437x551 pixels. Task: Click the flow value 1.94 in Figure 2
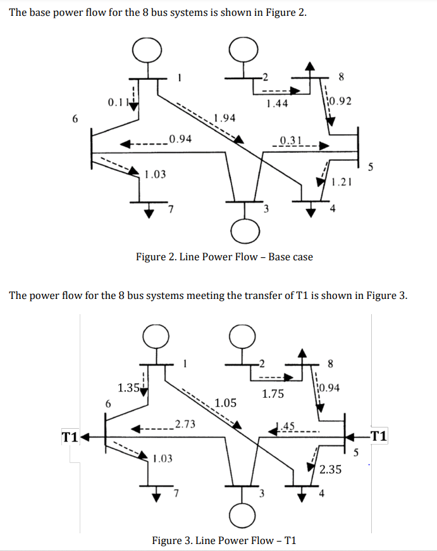click(x=225, y=118)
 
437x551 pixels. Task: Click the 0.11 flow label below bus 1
click(x=118, y=101)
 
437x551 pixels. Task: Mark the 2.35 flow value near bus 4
click(x=331, y=469)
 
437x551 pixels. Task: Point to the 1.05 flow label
click(x=226, y=403)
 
